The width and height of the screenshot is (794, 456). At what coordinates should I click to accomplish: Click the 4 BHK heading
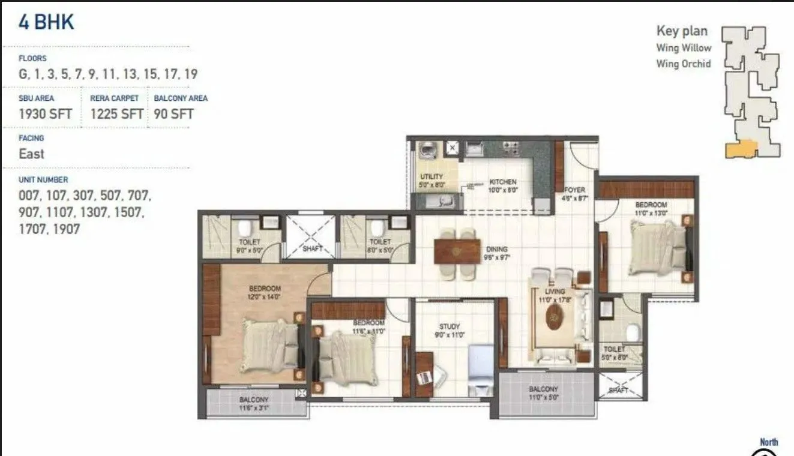tap(46, 22)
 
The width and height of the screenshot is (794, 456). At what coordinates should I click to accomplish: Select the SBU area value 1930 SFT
tap(45, 113)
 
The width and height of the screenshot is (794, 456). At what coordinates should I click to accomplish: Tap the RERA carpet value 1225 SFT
tap(116, 113)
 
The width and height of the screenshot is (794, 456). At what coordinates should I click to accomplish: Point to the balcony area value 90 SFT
tap(173, 113)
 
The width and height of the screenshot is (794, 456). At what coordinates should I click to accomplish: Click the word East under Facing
tap(31, 154)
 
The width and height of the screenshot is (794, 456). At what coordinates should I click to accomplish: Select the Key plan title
tap(681, 31)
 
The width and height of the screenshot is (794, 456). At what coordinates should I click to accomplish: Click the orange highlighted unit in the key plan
tap(741, 150)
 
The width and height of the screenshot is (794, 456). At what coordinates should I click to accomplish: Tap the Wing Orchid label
tap(683, 64)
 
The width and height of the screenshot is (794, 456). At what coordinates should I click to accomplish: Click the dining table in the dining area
tap(457, 251)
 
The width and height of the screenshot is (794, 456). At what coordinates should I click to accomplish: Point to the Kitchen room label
tap(502, 182)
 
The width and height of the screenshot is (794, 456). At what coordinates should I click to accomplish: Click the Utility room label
tap(432, 176)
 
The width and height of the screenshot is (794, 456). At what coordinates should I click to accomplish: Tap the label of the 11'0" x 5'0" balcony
tap(543, 389)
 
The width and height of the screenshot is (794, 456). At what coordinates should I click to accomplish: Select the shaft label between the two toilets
tap(312, 248)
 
